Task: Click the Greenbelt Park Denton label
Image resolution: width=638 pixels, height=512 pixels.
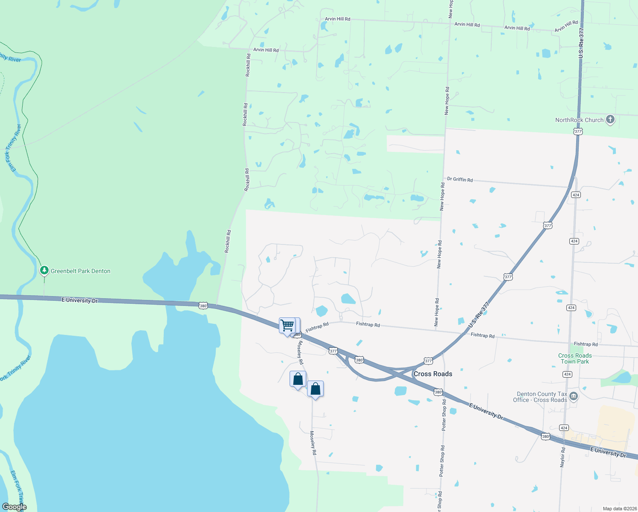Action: click(80, 271)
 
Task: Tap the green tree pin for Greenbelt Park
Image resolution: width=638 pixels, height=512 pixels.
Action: click(44, 271)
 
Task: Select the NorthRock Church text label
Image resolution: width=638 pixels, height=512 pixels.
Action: click(579, 120)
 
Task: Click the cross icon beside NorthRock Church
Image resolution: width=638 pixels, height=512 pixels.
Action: click(610, 119)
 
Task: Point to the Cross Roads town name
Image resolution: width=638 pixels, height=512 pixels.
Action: click(433, 374)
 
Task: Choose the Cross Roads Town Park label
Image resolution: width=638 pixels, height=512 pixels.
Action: click(575, 358)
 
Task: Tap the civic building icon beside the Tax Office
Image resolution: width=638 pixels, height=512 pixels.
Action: click(574, 397)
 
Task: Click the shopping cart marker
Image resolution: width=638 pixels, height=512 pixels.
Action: click(287, 326)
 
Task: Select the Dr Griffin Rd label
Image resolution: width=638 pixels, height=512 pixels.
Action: click(460, 180)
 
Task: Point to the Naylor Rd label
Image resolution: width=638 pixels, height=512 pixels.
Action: click(563, 457)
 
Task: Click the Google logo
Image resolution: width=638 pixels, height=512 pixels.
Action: click(14, 507)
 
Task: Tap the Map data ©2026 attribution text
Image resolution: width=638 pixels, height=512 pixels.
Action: click(619, 509)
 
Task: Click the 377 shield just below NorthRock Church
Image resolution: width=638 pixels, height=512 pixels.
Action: click(578, 131)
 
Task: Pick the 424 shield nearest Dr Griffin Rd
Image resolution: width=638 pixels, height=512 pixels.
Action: click(576, 195)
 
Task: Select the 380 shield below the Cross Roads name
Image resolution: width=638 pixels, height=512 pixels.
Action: click(438, 392)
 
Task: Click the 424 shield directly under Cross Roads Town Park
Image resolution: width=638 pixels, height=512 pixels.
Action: click(567, 374)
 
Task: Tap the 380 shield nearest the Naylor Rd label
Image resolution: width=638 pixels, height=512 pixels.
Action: click(545, 436)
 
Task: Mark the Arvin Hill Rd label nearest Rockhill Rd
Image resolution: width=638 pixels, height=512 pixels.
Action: click(266, 50)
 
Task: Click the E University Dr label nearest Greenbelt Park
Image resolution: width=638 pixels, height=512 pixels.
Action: click(80, 300)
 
